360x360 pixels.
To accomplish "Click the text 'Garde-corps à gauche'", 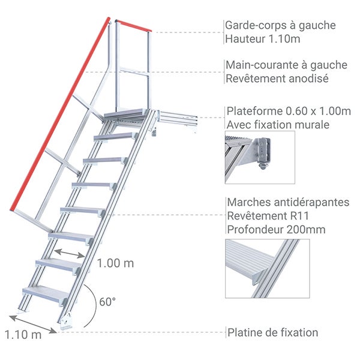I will [280, 25].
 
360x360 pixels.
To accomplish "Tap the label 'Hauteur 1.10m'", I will [262, 40].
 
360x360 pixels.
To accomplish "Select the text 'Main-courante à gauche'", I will [286, 65].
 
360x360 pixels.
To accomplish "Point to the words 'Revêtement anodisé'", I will [276, 79].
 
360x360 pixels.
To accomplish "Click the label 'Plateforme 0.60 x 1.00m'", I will [289, 111].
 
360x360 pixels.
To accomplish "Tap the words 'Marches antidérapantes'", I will [288, 202].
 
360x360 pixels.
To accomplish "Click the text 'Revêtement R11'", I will [264, 215].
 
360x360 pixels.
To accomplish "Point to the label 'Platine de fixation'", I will [272, 332].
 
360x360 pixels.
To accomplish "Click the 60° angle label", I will [106, 302].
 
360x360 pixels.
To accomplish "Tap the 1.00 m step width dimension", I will [115, 263].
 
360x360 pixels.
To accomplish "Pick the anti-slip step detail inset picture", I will [267, 268].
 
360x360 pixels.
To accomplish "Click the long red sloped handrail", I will [60, 114].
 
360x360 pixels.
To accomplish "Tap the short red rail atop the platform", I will [133, 26].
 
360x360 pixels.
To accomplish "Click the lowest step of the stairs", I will [45, 293].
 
